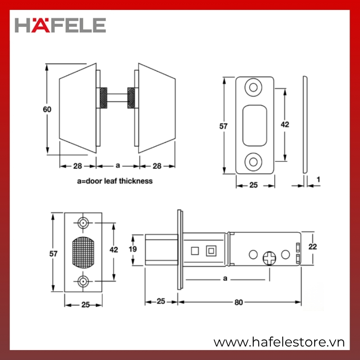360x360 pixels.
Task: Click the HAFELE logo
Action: tap(60, 25)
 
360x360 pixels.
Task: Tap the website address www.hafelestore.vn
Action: tap(279, 342)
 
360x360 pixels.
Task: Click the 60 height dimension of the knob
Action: tap(47, 109)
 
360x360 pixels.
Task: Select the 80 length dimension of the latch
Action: tap(238, 302)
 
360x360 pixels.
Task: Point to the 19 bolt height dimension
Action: tap(133, 249)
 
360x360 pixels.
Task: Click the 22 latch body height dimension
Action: tap(312, 247)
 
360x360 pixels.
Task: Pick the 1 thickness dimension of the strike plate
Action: tap(318, 180)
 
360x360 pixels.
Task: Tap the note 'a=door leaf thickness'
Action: tap(115, 181)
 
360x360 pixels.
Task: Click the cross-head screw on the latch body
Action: tap(269, 258)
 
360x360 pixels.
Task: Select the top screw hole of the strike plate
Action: tap(253, 87)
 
